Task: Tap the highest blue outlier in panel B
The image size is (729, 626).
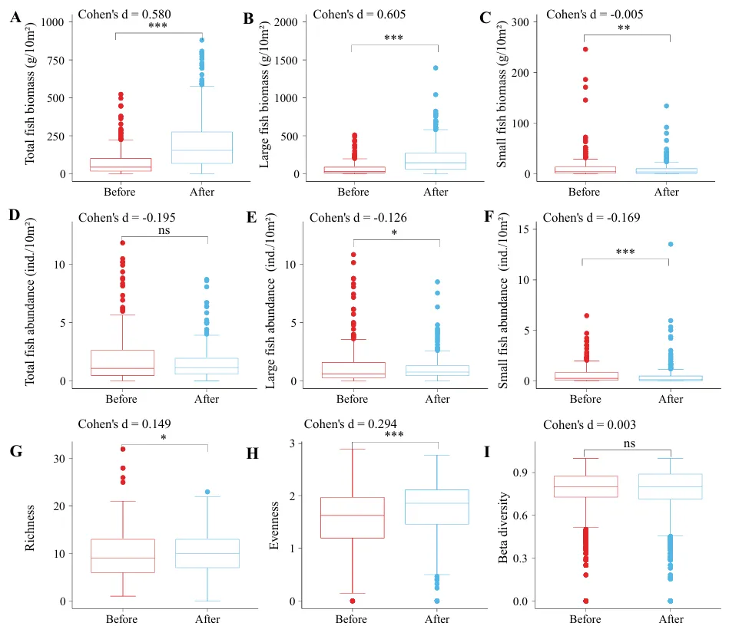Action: (x=436, y=68)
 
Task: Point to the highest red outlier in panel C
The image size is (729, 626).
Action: (x=585, y=49)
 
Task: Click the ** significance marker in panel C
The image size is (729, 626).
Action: (x=625, y=28)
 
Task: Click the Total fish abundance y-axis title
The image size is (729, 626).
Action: (x=30, y=305)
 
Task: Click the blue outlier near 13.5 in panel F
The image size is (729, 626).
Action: (x=670, y=245)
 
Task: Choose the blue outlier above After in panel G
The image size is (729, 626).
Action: (x=207, y=492)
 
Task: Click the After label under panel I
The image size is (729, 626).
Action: (x=671, y=618)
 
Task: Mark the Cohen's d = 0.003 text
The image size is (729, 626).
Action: (x=589, y=424)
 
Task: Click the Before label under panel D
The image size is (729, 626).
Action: (x=121, y=398)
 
